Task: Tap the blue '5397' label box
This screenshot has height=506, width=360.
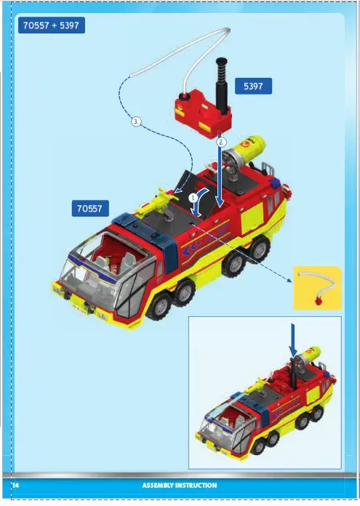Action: (x=253, y=87)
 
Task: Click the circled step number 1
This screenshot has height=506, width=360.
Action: (x=193, y=197)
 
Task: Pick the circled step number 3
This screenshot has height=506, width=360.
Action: (x=135, y=121)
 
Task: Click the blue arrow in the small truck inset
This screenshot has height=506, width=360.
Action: (x=294, y=340)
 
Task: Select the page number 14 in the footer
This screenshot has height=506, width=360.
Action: (x=15, y=485)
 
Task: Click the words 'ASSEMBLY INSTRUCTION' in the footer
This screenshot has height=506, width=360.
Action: (x=179, y=485)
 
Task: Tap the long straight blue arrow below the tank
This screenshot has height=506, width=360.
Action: (x=219, y=174)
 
